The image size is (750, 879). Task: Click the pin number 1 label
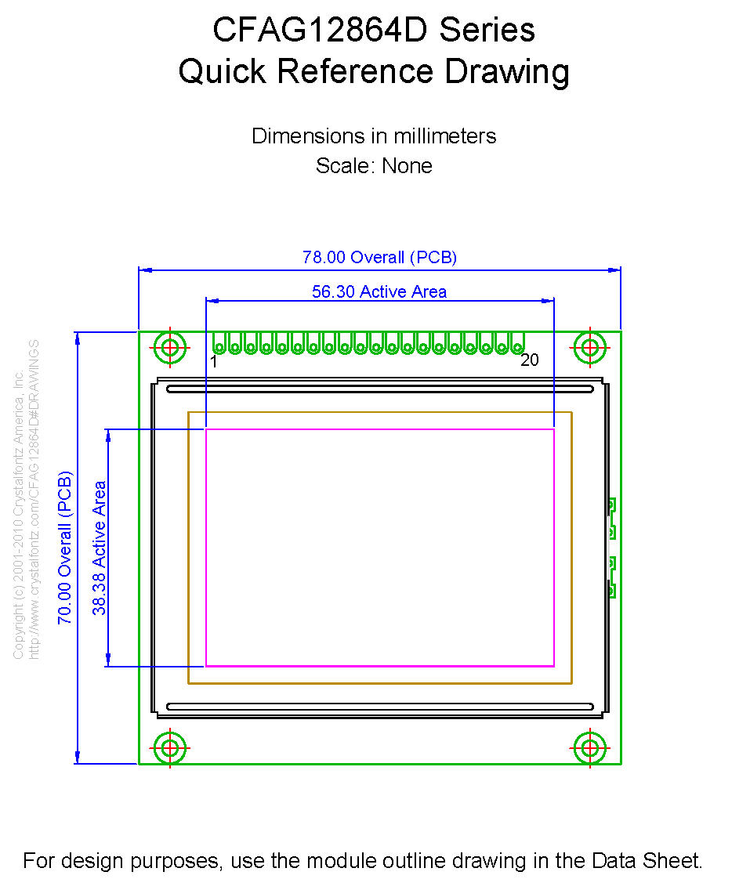point(214,361)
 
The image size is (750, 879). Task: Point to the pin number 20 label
point(530,360)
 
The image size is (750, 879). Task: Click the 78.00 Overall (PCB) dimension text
point(379,257)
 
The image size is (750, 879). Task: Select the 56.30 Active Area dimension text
point(379,292)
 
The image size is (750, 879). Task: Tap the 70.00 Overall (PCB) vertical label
point(65,547)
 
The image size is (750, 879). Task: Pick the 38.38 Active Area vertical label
point(100,547)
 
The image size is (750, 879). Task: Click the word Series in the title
point(487,31)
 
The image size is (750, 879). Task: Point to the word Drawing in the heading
point(507,71)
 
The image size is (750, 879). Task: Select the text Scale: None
point(374,166)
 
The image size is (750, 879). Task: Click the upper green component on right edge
point(611,519)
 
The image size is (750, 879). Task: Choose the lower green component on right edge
point(611,577)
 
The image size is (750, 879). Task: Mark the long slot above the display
point(379,389)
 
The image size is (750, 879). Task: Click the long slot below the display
point(379,707)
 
